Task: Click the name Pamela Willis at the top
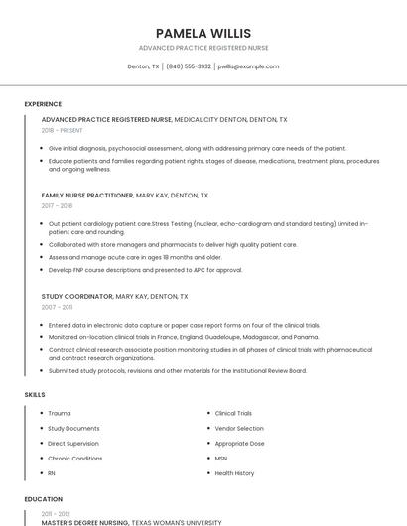click(x=203, y=33)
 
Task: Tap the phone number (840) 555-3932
click(x=189, y=66)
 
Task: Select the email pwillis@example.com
click(x=248, y=66)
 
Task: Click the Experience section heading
click(x=43, y=104)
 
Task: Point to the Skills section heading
click(x=35, y=395)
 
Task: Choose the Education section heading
click(x=43, y=499)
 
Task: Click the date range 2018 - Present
click(x=63, y=130)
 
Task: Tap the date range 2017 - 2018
click(x=58, y=206)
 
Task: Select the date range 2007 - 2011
click(x=57, y=307)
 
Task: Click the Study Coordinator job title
click(x=76, y=296)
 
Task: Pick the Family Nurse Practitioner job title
click(x=86, y=196)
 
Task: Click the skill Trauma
click(x=60, y=413)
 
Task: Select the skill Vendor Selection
click(x=239, y=428)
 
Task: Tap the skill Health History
click(x=235, y=473)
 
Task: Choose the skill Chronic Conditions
click(x=75, y=459)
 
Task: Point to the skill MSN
click(x=221, y=459)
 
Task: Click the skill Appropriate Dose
click(x=240, y=444)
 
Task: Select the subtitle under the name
click(x=203, y=48)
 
